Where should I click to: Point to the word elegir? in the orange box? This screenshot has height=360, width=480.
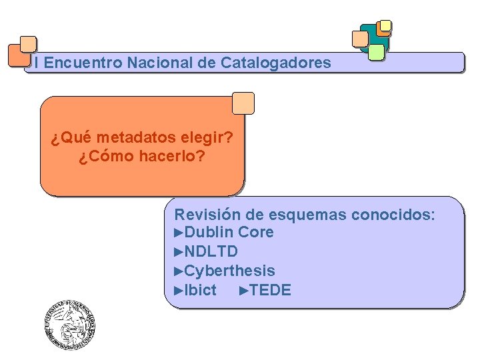tap(207, 138)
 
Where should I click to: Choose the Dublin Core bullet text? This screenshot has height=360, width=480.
tap(229, 233)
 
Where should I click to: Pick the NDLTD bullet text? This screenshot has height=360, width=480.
tap(211, 251)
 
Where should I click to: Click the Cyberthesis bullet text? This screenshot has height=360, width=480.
tap(229, 271)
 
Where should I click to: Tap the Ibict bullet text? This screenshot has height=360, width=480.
tap(200, 290)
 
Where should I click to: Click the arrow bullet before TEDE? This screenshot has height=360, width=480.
tap(244, 290)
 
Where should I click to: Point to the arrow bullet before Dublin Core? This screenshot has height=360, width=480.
tap(178, 233)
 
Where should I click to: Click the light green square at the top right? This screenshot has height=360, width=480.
tap(376, 52)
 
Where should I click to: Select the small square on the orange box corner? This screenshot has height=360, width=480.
tap(243, 103)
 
